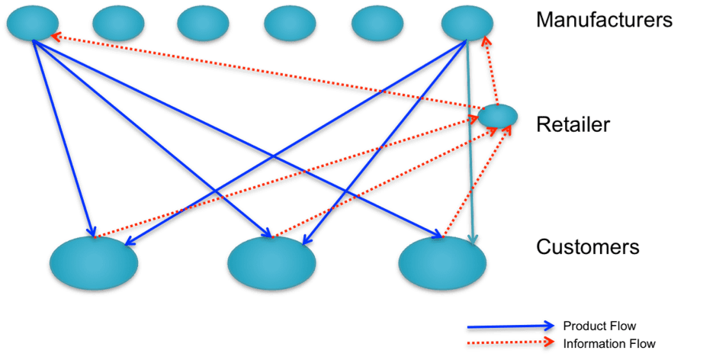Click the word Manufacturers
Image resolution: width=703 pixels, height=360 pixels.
tap(604, 20)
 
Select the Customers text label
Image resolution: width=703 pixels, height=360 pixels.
tap(587, 247)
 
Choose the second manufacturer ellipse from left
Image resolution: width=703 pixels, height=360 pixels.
tap(118, 23)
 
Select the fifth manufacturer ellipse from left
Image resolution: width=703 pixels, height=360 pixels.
tap(377, 23)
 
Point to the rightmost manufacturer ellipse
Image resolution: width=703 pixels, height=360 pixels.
tap(467, 22)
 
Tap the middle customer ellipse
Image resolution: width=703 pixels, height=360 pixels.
tap(271, 262)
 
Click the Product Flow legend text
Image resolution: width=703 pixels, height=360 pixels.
tap(599, 326)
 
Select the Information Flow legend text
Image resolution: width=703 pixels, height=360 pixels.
tap(609, 344)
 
